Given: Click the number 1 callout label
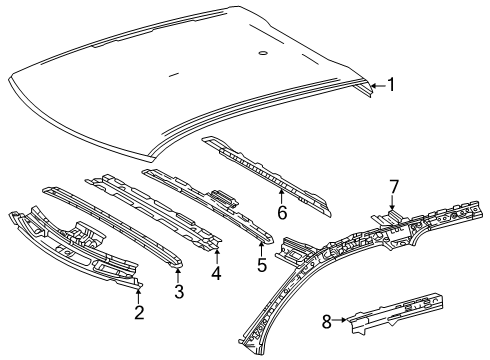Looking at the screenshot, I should pyautogui.click(x=392, y=86).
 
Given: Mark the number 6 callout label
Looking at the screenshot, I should pyautogui.click(x=282, y=211).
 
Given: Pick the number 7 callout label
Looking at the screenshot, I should pyautogui.click(x=394, y=185).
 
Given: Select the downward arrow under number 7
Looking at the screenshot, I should pyautogui.click(x=394, y=203).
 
